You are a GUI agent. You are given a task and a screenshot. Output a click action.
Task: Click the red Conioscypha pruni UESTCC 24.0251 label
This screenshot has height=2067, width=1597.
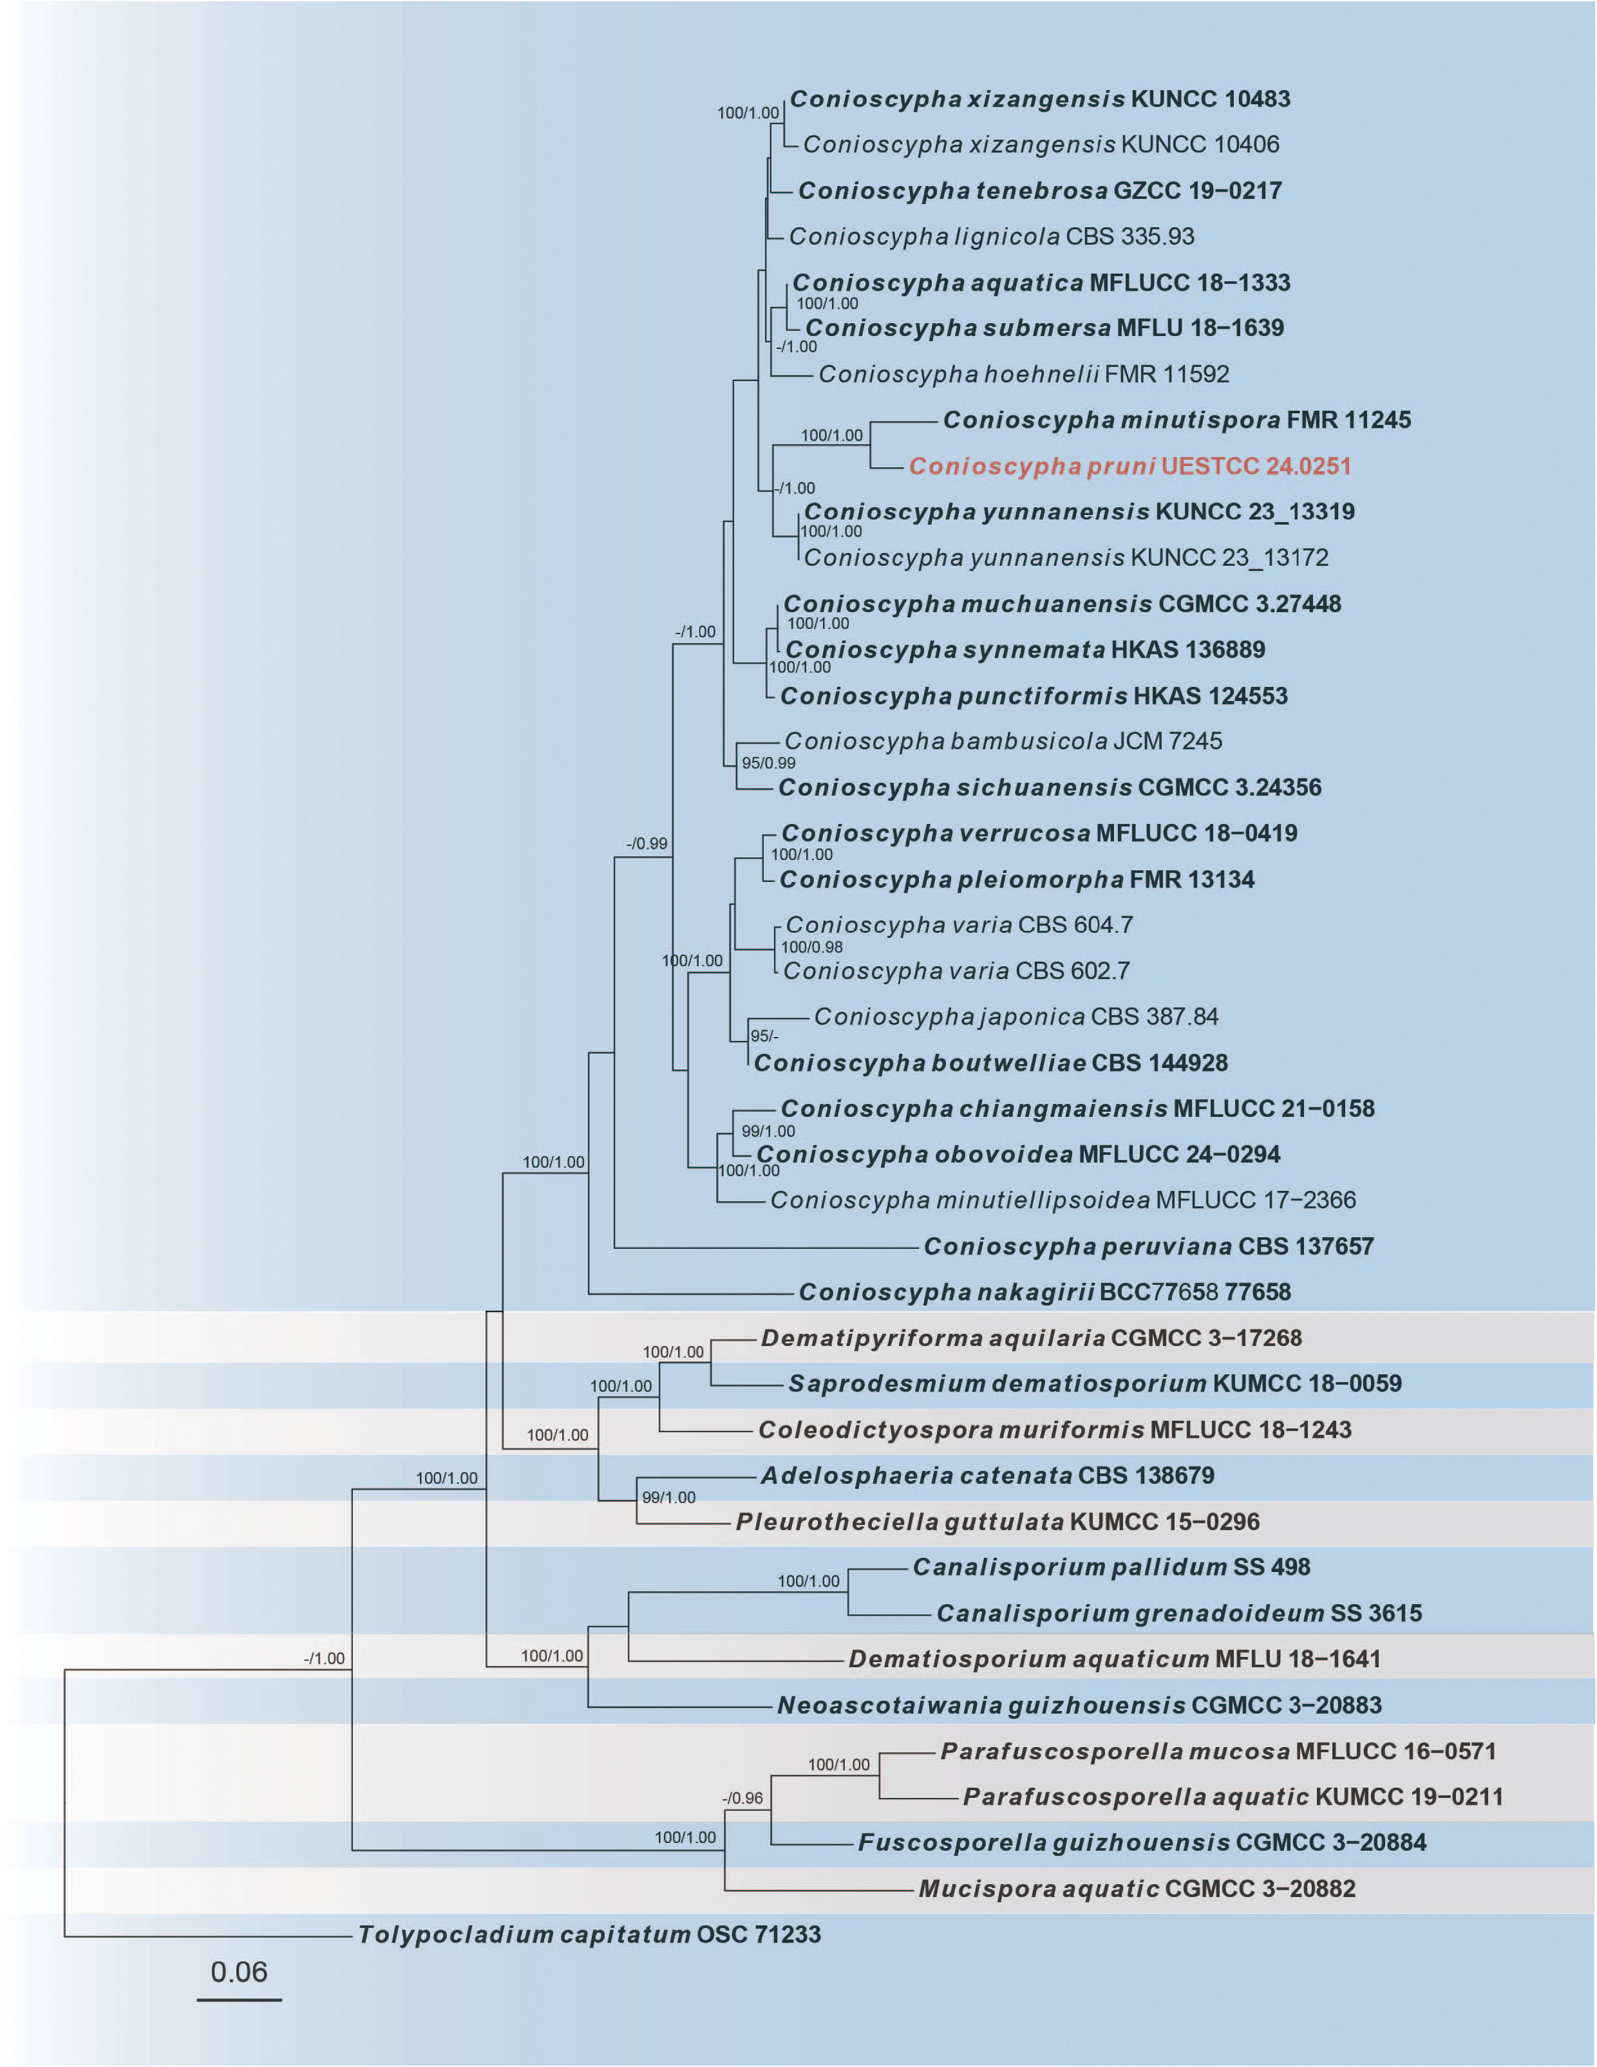tap(1129, 465)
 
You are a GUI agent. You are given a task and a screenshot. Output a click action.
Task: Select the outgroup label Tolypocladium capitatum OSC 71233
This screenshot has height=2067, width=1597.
tap(589, 1934)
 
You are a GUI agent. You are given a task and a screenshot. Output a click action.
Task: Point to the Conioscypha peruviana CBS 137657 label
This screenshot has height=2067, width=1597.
tap(1148, 1246)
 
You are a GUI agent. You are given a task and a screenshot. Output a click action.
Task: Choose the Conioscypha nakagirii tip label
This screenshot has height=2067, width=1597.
tap(1044, 1292)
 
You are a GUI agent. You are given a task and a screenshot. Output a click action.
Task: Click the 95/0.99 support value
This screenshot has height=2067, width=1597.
tap(768, 763)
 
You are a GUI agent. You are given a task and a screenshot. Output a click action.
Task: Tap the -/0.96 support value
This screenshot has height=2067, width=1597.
tap(742, 1798)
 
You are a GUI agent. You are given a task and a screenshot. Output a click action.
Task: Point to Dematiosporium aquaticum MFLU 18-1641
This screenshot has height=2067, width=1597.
tap(1114, 1659)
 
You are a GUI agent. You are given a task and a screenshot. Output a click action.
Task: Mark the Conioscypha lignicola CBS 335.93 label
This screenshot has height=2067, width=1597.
tap(991, 236)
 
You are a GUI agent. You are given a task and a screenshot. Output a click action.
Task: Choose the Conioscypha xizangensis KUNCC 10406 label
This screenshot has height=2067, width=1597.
tap(1041, 144)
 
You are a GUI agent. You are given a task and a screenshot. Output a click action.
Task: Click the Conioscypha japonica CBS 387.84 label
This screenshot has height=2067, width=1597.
tap(1016, 1016)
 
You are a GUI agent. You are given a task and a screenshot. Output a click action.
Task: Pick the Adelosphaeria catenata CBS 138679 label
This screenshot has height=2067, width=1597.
tap(987, 1475)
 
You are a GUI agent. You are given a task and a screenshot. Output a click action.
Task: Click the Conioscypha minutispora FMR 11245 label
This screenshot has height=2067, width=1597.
tap(1176, 419)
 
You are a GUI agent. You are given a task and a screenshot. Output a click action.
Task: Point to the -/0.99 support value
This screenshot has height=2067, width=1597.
tap(647, 843)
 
